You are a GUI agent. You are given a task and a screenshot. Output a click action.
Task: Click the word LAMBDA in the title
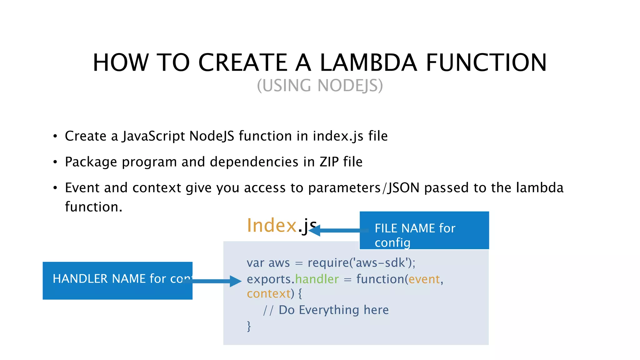368,62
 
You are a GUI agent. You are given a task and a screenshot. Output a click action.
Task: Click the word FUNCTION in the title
486,62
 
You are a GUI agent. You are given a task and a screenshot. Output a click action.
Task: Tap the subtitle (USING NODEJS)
320,86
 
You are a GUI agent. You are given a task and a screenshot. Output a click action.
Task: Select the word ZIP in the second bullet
329,162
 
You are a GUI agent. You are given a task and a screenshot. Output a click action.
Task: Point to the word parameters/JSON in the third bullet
364,188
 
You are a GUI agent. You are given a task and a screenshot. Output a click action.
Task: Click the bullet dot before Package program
55,162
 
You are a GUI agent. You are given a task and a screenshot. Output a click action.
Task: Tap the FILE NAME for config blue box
424,231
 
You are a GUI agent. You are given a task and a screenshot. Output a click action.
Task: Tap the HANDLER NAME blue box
117,280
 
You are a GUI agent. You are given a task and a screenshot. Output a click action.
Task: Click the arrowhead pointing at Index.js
314,231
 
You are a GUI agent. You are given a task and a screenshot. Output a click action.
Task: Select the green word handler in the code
317,279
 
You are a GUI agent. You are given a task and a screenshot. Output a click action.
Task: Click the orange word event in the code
424,279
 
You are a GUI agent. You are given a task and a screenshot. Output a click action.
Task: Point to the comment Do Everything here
333,310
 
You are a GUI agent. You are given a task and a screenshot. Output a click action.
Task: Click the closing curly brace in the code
249,326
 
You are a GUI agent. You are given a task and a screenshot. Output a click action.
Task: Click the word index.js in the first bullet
338,136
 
